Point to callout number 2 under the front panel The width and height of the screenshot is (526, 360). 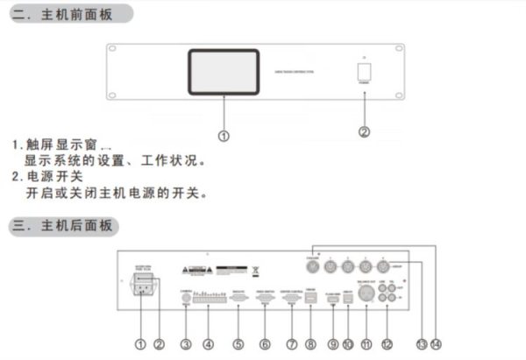(x=365, y=133)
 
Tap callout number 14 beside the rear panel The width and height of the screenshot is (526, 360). (x=437, y=344)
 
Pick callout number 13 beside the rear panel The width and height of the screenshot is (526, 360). (x=423, y=344)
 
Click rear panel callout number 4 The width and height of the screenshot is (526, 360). (x=208, y=345)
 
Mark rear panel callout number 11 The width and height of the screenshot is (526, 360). (x=366, y=345)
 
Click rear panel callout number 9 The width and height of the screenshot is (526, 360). (x=333, y=345)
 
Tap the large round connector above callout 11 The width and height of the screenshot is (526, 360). (x=366, y=298)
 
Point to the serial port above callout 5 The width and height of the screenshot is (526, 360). (x=238, y=298)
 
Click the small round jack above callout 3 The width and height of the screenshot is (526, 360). (x=186, y=299)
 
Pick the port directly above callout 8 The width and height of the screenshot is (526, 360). (x=311, y=299)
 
